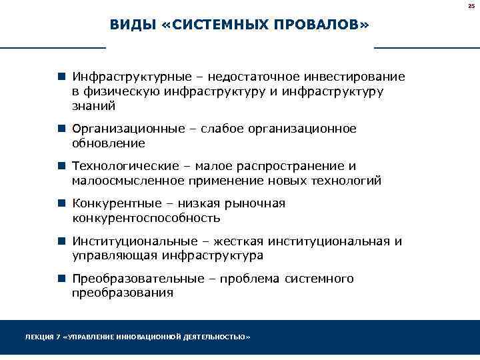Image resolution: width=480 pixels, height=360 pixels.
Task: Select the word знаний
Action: pos(94,105)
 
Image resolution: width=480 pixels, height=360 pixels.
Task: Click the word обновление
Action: pos(109,143)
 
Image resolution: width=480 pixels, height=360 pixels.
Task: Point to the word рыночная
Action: pos(258,203)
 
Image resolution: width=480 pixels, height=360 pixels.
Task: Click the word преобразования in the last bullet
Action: pos(123,293)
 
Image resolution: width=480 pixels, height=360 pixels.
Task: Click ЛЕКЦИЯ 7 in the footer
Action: pos(41,337)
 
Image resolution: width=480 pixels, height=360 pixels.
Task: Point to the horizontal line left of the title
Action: pos(53,48)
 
